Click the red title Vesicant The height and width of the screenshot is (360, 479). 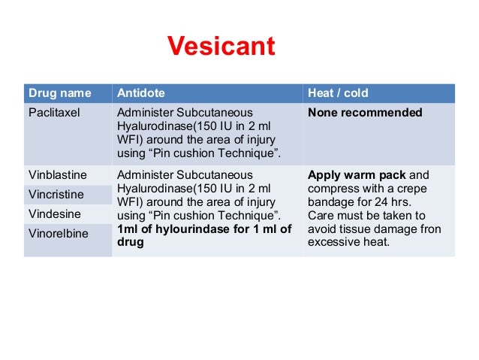click(x=221, y=47)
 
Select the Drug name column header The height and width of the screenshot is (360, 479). click(x=59, y=93)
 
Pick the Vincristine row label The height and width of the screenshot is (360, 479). click(x=56, y=195)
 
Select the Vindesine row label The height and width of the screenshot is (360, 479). click(x=54, y=214)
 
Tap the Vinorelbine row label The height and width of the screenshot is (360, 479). click(x=58, y=234)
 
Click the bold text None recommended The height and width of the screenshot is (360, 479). click(x=365, y=113)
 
